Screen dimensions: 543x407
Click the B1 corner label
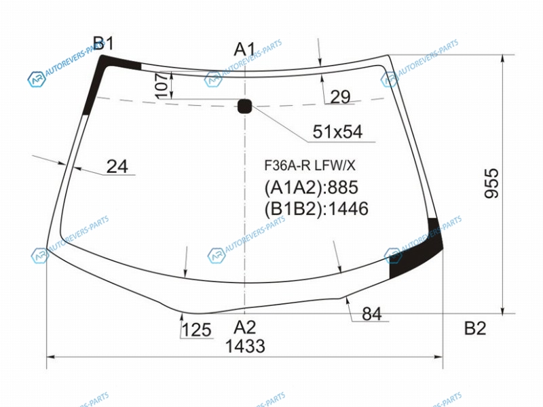(103, 43)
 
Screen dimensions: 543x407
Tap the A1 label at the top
(244, 49)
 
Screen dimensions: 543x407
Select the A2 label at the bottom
(244, 327)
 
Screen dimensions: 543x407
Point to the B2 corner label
(475, 328)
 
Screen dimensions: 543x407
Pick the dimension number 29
(340, 96)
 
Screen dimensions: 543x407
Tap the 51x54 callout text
(337, 132)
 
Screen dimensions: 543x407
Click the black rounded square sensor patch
(244, 106)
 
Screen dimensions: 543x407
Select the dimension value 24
(117, 166)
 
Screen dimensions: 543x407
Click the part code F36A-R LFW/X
(310, 166)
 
